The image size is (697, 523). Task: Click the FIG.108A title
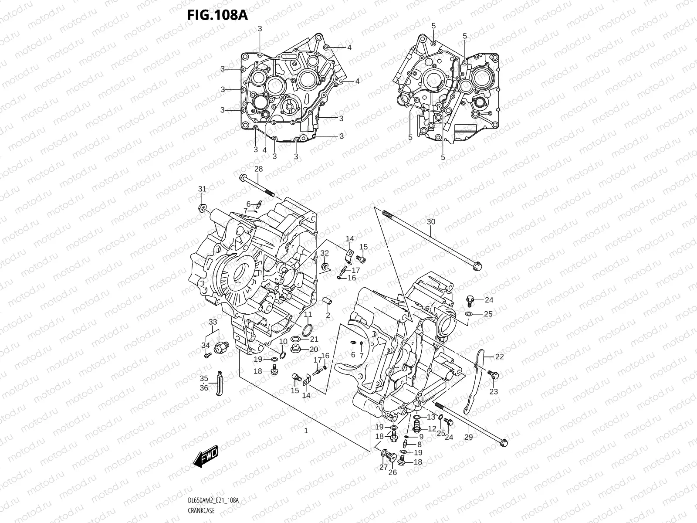click(x=217, y=15)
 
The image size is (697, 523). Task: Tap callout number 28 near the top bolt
click(x=258, y=169)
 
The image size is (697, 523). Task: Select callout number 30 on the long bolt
click(x=430, y=222)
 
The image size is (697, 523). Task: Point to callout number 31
click(x=202, y=189)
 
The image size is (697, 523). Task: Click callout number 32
click(x=324, y=253)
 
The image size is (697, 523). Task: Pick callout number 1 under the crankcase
click(x=306, y=431)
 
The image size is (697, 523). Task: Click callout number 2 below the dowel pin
click(x=328, y=315)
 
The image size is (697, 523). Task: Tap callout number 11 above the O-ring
click(x=308, y=315)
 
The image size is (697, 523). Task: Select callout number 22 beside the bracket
click(x=499, y=357)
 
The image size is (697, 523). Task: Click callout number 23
click(x=493, y=392)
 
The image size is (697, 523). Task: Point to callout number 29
click(x=468, y=437)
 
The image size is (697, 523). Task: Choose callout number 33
click(x=212, y=322)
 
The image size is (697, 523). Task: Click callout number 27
click(x=383, y=468)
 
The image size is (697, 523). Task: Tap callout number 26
click(x=392, y=472)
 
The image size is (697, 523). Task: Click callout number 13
click(x=431, y=417)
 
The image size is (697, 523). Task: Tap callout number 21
click(x=314, y=339)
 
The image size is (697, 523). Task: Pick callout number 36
click(x=204, y=388)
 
